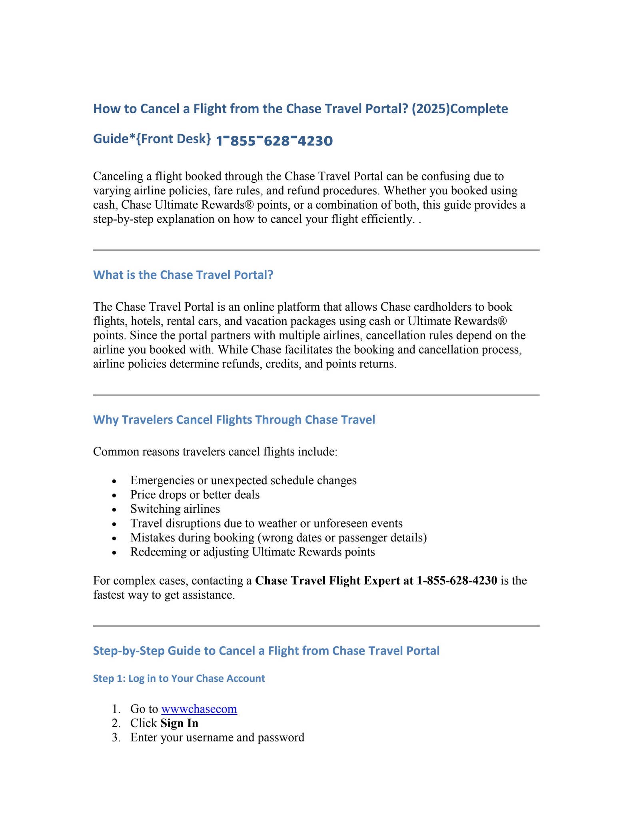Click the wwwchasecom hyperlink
tap(199, 709)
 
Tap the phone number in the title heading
tap(274, 141)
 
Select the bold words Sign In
tap(179, 723)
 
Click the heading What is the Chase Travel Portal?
tap(183, 275)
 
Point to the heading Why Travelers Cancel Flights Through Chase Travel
tap(234, 419)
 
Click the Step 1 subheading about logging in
tap(179, 678)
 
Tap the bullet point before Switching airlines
tap(115, 510)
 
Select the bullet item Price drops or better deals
tap(195, 495)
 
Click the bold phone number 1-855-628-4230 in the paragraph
tap(457, 580)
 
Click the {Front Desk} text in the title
tap(174, 139)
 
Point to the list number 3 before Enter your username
tap(116, 737)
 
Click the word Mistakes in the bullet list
tap(152, 537)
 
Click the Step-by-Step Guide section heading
tap(266, 651)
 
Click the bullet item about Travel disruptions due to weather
tap(266, 523)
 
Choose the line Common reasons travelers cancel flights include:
tap(215, 452)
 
